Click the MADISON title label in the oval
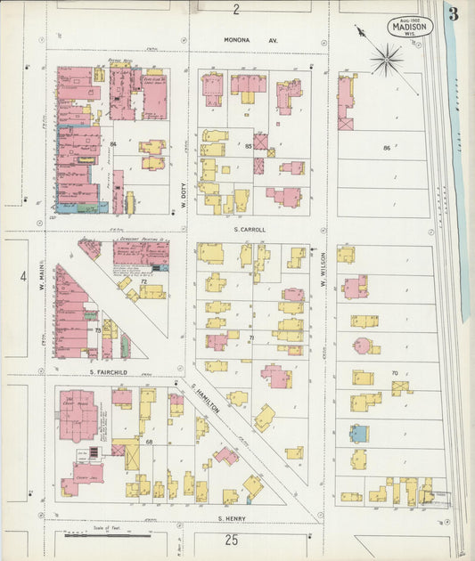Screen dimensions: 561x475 411,27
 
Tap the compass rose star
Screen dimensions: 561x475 386,61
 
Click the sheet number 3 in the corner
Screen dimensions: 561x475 454,14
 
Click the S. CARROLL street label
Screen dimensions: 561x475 250,229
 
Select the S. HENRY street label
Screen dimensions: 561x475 232,517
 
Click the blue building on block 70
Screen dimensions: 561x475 358,434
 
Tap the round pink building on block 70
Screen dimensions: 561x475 363,346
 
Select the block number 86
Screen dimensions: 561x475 387,147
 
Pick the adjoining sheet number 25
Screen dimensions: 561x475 232,540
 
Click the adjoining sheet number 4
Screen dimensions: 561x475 23,276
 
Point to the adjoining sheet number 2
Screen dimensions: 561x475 236,10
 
